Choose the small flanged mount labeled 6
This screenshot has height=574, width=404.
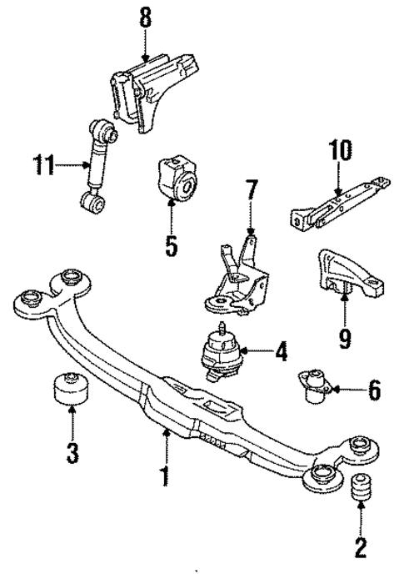tap(316, 385)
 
